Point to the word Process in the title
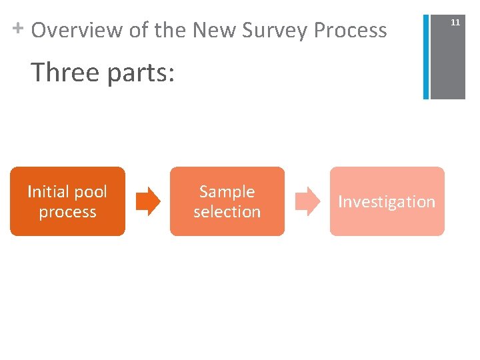(x=351, y=30)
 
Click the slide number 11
(x=455, y=23)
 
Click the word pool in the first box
(x=90, y=192)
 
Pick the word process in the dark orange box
(x=67, y=213)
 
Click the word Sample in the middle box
(x=227, y=192)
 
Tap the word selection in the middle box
(x=227, y=212)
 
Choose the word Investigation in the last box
(x=387, y=202)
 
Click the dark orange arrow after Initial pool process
(x=148, y=202)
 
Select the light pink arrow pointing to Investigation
(x=307, y=202)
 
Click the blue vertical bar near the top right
(x=426, y=56)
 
